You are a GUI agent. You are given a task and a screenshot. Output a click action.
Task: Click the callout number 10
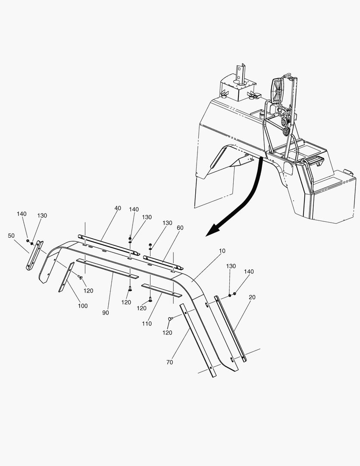pos(222,251)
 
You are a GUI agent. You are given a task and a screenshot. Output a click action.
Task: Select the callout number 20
pos(252,297)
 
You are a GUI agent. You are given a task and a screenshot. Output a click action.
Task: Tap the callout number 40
pos(118,208)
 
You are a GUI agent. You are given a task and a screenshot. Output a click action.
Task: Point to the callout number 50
pos(11,236)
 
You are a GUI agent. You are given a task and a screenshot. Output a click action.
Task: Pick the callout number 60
pos(180,227)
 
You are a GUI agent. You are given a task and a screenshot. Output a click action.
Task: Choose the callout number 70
pos(169,362)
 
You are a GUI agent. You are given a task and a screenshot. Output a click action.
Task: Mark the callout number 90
pos(106,312)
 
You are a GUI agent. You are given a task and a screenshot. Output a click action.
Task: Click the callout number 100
pos(83,306)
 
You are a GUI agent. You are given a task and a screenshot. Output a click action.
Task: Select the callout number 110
pos(147,323)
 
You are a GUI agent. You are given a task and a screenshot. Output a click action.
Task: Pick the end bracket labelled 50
pos(34,256)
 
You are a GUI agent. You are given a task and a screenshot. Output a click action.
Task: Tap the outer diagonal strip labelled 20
pos(231,328)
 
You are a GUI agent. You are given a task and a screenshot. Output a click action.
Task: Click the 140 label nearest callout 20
pos(249,272)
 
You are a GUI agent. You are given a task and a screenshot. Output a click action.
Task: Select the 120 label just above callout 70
pos(167,333)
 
